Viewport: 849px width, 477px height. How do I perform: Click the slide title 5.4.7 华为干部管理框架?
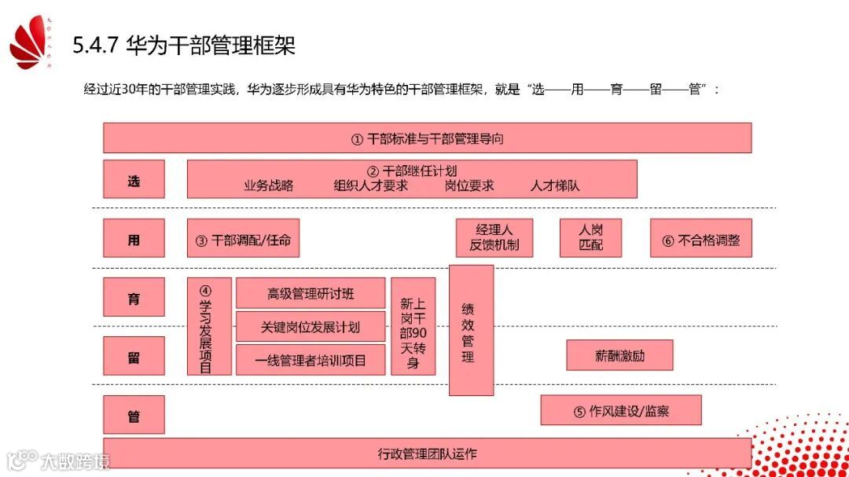click(184, 46)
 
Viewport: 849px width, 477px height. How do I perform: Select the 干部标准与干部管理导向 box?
click(427, 138)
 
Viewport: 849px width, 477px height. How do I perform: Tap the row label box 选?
click(134, 180)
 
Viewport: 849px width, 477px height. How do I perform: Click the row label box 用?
click(134, 239)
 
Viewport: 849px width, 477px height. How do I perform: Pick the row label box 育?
click(134, 298)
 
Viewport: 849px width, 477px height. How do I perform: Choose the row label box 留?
click(134, 357)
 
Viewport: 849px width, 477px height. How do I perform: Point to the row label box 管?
click(134, 415)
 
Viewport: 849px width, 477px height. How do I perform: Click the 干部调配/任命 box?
click(243, 239)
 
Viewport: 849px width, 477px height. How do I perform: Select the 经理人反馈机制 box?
click(494, 238)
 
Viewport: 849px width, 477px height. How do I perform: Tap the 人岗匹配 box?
click(590, 238)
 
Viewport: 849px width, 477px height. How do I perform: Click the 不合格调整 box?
click(700, 239)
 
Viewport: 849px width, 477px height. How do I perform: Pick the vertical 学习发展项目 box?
click(209, 326)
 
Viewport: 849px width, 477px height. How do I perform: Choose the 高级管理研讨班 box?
click(311, 294)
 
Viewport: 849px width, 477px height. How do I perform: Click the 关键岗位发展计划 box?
click(311, 327)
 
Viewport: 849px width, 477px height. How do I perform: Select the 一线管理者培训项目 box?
click(311, 361)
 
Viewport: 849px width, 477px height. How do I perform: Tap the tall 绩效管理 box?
click(471, 330)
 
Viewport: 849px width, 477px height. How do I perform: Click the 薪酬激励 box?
click(620, 355)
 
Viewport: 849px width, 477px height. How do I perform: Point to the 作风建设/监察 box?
click(620, 410)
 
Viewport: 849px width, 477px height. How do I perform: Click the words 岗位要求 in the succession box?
click(469, 186)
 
